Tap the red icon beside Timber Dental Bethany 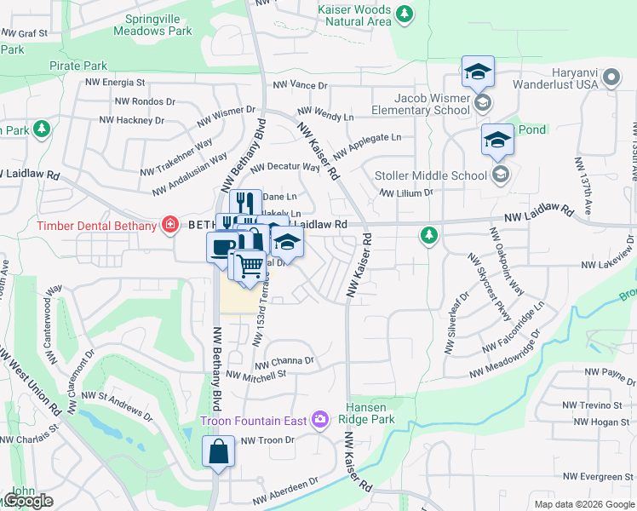170,225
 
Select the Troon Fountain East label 255,420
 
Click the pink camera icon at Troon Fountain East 320,418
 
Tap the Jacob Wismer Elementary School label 422,103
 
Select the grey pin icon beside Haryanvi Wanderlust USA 611,79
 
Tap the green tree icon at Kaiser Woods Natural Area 405,14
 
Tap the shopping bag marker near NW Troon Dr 219,452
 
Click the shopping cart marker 249,267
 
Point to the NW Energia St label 114,83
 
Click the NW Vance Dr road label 300,85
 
